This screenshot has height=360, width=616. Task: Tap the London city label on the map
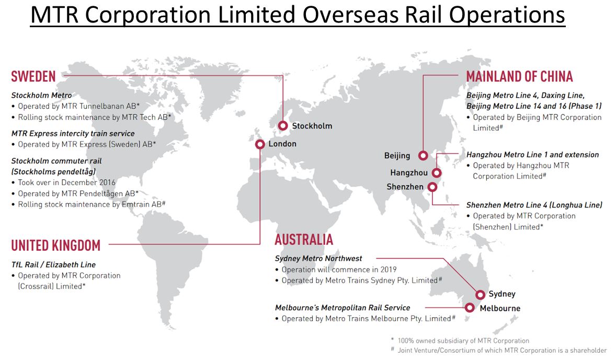tap(282, 144)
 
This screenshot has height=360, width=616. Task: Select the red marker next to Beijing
tap(423, 156)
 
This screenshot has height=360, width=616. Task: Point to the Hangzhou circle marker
tap(437, 173)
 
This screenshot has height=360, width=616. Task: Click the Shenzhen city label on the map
tap(405, 187)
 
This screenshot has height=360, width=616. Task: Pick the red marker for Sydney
tap(480, 295)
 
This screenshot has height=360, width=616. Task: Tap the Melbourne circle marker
tap(470, 308)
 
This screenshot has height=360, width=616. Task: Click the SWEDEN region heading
tap(33, 76)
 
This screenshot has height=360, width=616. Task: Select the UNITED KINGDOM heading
tap(56, 246)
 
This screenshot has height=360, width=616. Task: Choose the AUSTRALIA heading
tap(304, 239)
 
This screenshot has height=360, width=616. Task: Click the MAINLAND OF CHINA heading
tap(519, 76)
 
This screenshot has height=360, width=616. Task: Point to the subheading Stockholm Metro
tap(42, 96)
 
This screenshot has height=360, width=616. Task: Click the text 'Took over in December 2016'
tap(67, 182)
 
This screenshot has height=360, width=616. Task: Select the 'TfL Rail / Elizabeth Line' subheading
tap(53, 264)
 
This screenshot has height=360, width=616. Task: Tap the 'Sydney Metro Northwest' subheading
tap(318, 258)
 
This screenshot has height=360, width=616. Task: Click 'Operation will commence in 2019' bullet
tap(339, 270)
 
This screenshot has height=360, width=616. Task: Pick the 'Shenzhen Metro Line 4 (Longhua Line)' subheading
tap(534, 205)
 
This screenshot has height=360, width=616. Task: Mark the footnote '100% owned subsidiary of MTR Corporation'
tap(464, 341)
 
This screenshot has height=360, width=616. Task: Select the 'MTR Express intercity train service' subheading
tap(73, 133)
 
